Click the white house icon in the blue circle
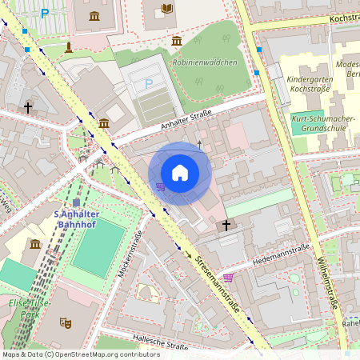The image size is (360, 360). point(180,173)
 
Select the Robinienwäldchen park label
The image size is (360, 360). point(204,62)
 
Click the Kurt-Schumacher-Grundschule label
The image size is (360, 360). point(323,123)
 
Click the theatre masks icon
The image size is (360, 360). point(66,322)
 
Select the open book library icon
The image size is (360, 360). point(167,9)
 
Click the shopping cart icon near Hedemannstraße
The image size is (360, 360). point(229,278)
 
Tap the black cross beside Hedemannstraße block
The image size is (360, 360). point(226,226)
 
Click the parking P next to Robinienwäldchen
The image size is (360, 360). point(148,83)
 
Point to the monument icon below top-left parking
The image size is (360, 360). point(69,46)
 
